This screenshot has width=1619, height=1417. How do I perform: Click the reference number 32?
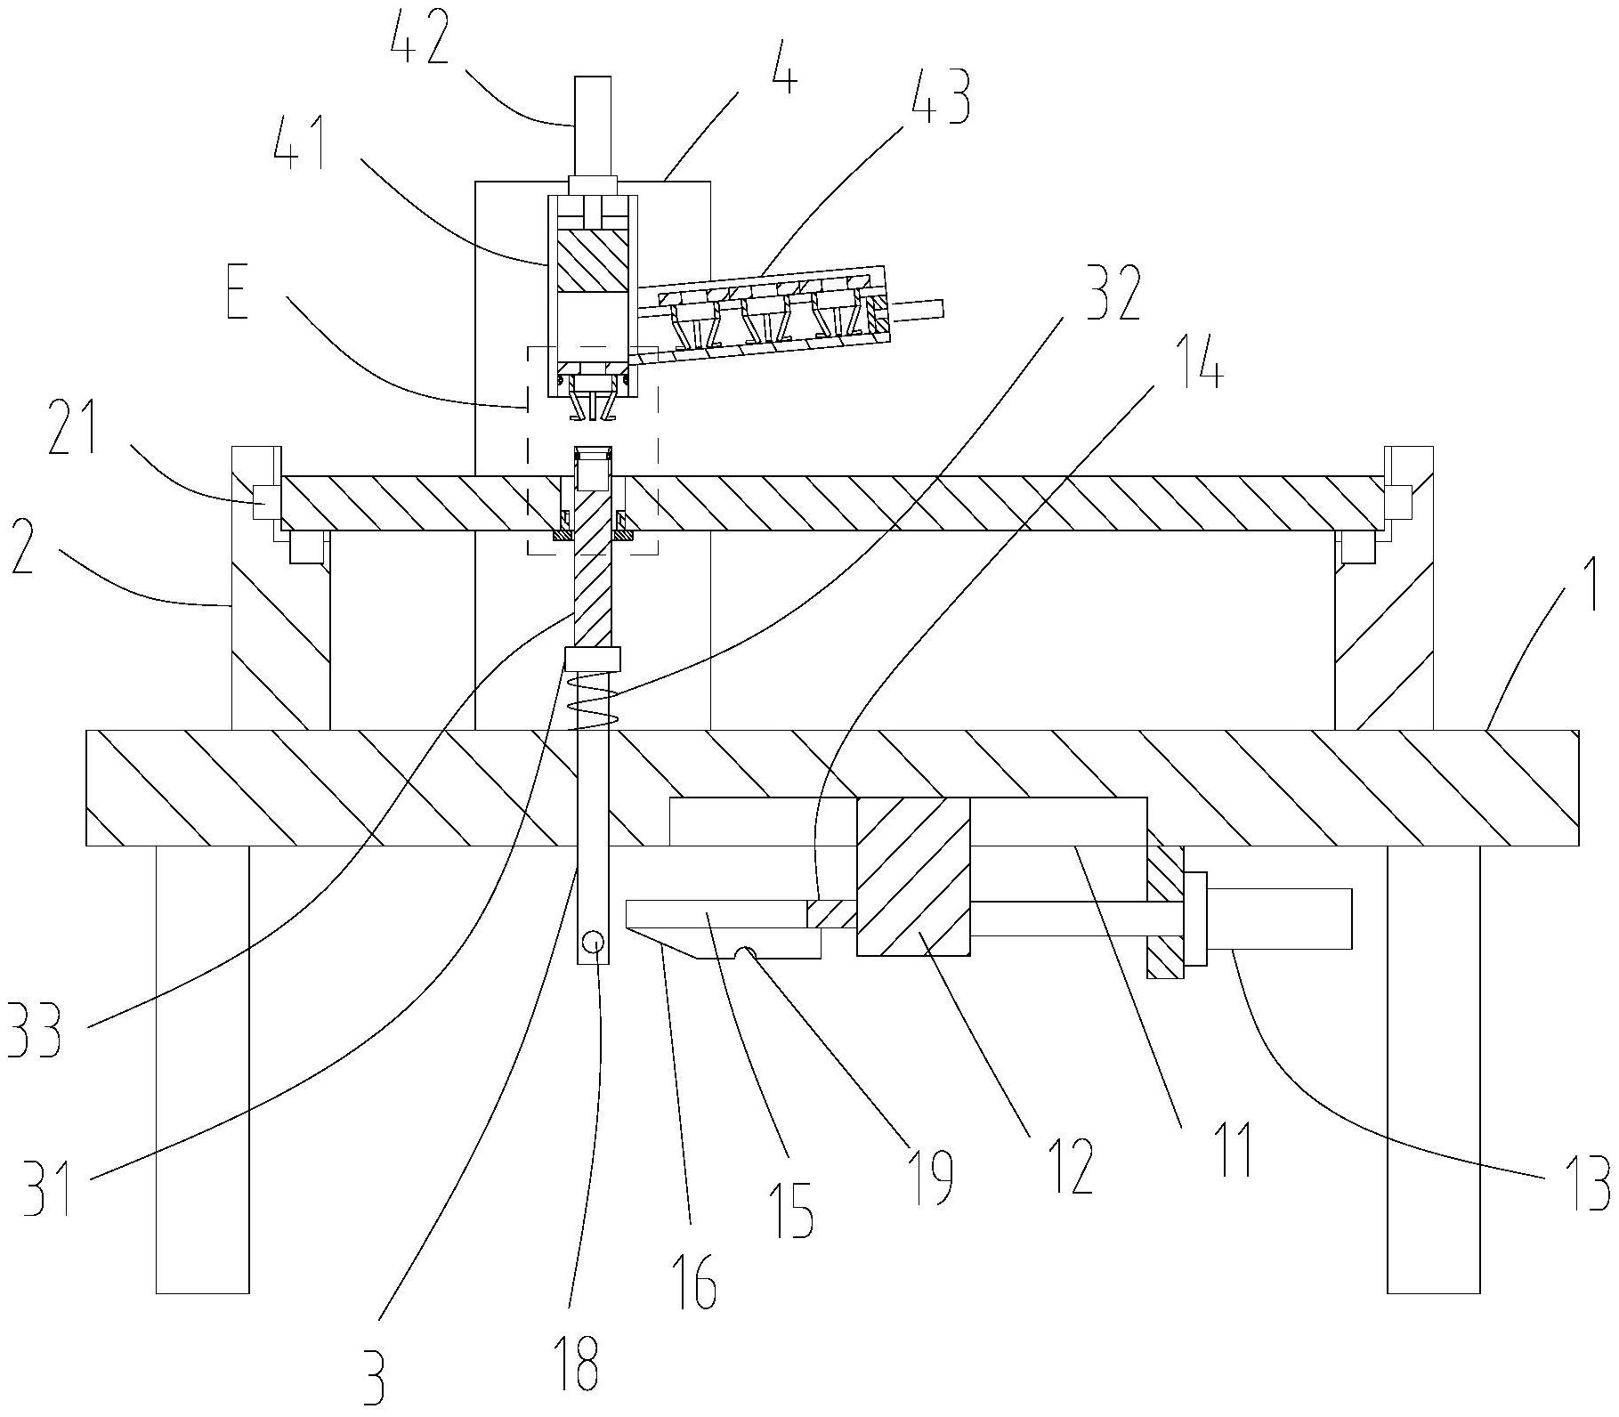(1109, 292)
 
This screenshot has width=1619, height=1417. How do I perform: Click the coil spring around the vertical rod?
(592, 700)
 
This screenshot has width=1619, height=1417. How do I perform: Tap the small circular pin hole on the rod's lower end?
(594, 942)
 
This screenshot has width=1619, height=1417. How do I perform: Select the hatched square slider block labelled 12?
(913, 876)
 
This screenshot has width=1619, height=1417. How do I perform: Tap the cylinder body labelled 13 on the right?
(1277, 919)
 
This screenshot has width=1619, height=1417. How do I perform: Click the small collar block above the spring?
(592, 659)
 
